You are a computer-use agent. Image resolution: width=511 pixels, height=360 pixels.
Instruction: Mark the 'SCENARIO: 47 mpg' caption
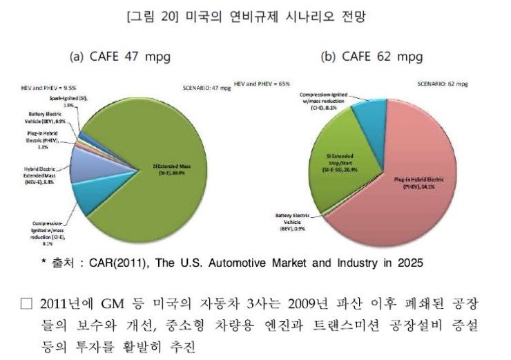[208, 88]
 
